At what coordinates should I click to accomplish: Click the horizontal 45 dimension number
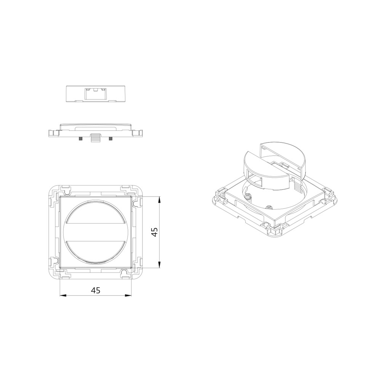tap(96, 290)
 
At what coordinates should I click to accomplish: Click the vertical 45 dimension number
tap(154, 232)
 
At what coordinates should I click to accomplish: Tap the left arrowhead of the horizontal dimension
tap(63, 296)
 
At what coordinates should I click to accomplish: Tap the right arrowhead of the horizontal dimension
tap(128, 296)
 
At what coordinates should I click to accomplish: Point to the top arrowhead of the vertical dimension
tap(159, 200)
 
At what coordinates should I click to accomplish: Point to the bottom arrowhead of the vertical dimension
tap(159, 265)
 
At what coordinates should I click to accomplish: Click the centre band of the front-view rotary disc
tap(96, 232)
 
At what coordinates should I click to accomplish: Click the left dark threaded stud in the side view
tap(80, 139)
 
